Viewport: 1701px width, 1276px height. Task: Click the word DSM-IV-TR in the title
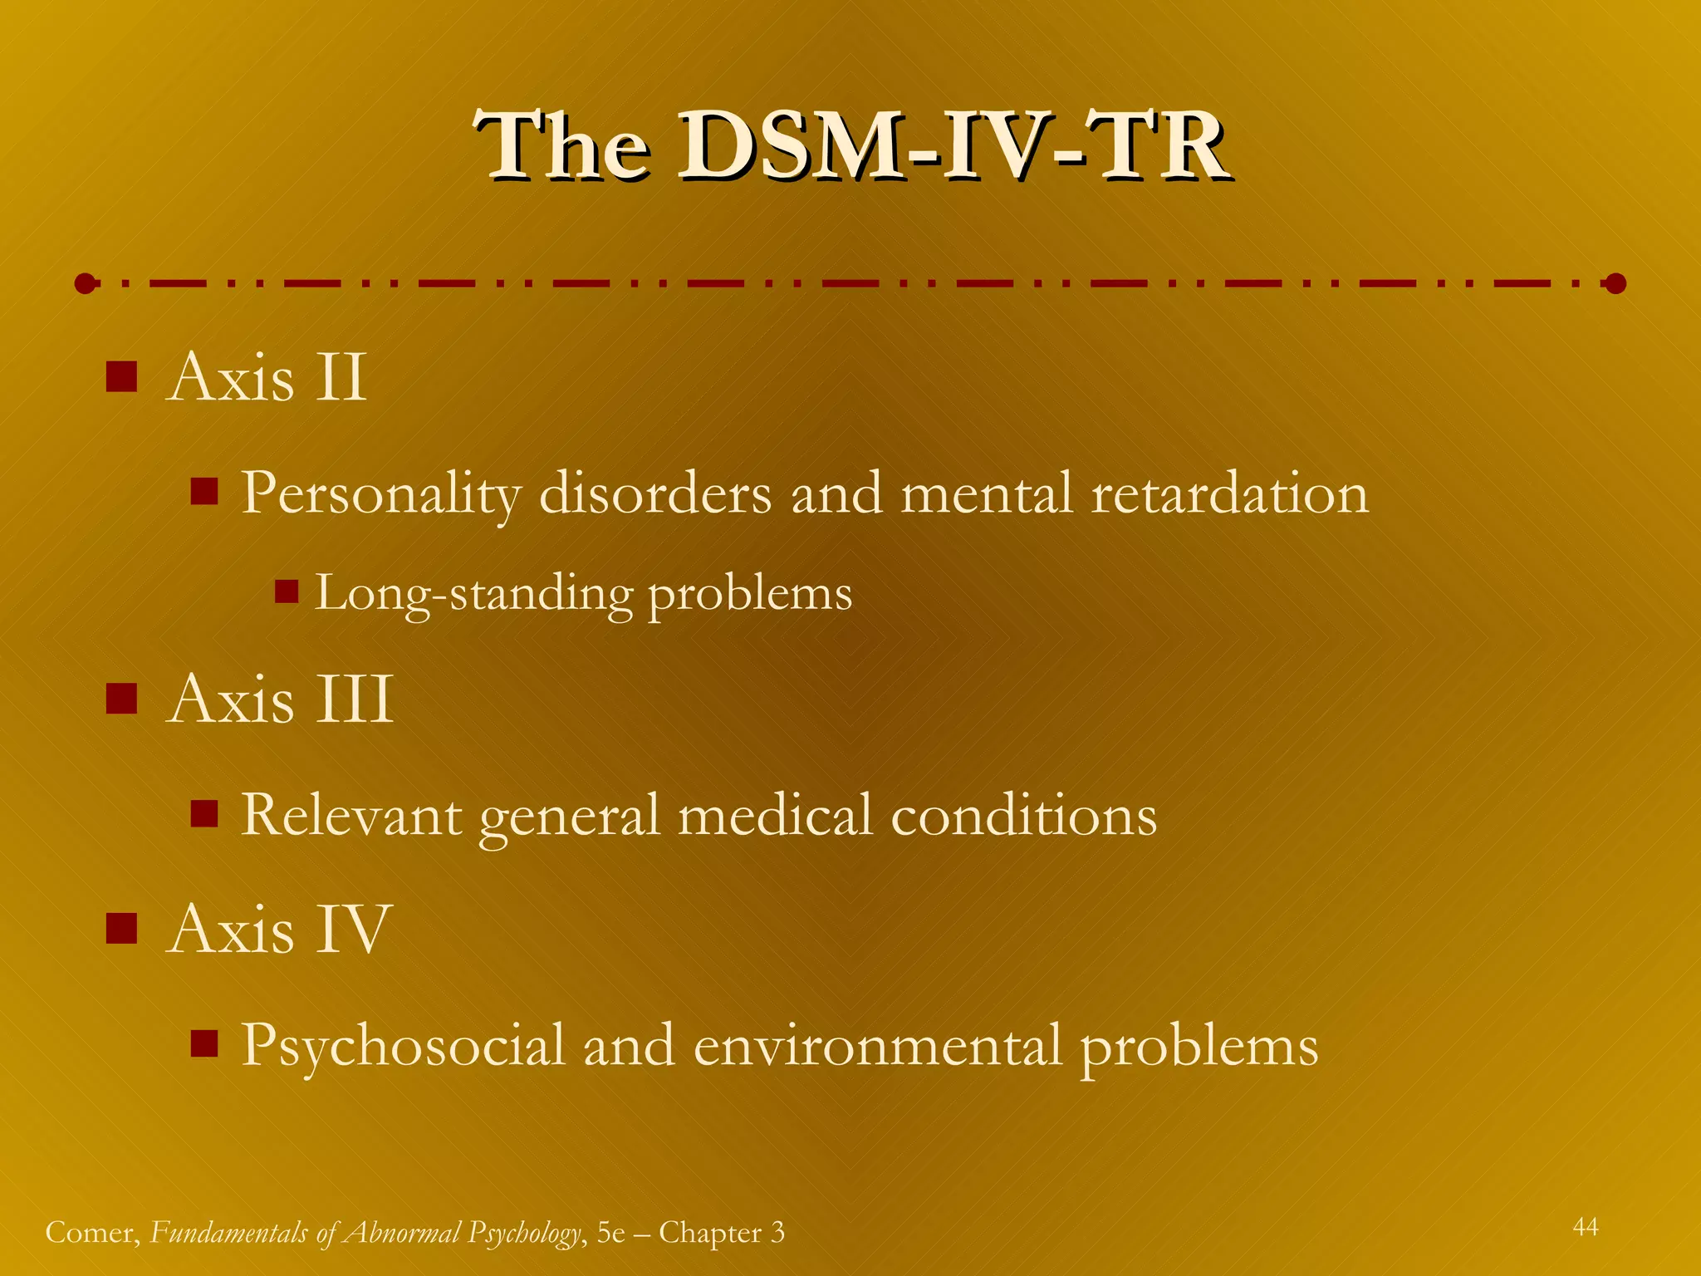tap(952, 148)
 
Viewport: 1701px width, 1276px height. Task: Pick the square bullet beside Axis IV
tap(121, 928)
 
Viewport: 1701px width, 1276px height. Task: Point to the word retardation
tap(1229, 493)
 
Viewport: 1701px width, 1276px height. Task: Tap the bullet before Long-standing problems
tap(287, 591)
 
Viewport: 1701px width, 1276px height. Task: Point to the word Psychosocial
tap(403, 1045)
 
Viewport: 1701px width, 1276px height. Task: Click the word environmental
tap(877, 1045)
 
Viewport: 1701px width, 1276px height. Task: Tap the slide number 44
tap(1586, 1226)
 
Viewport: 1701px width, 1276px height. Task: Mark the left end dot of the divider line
tap(85, 284)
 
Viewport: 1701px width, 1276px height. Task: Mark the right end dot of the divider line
tap(1615, 284)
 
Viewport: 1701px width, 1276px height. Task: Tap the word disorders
tap(655, 493)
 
